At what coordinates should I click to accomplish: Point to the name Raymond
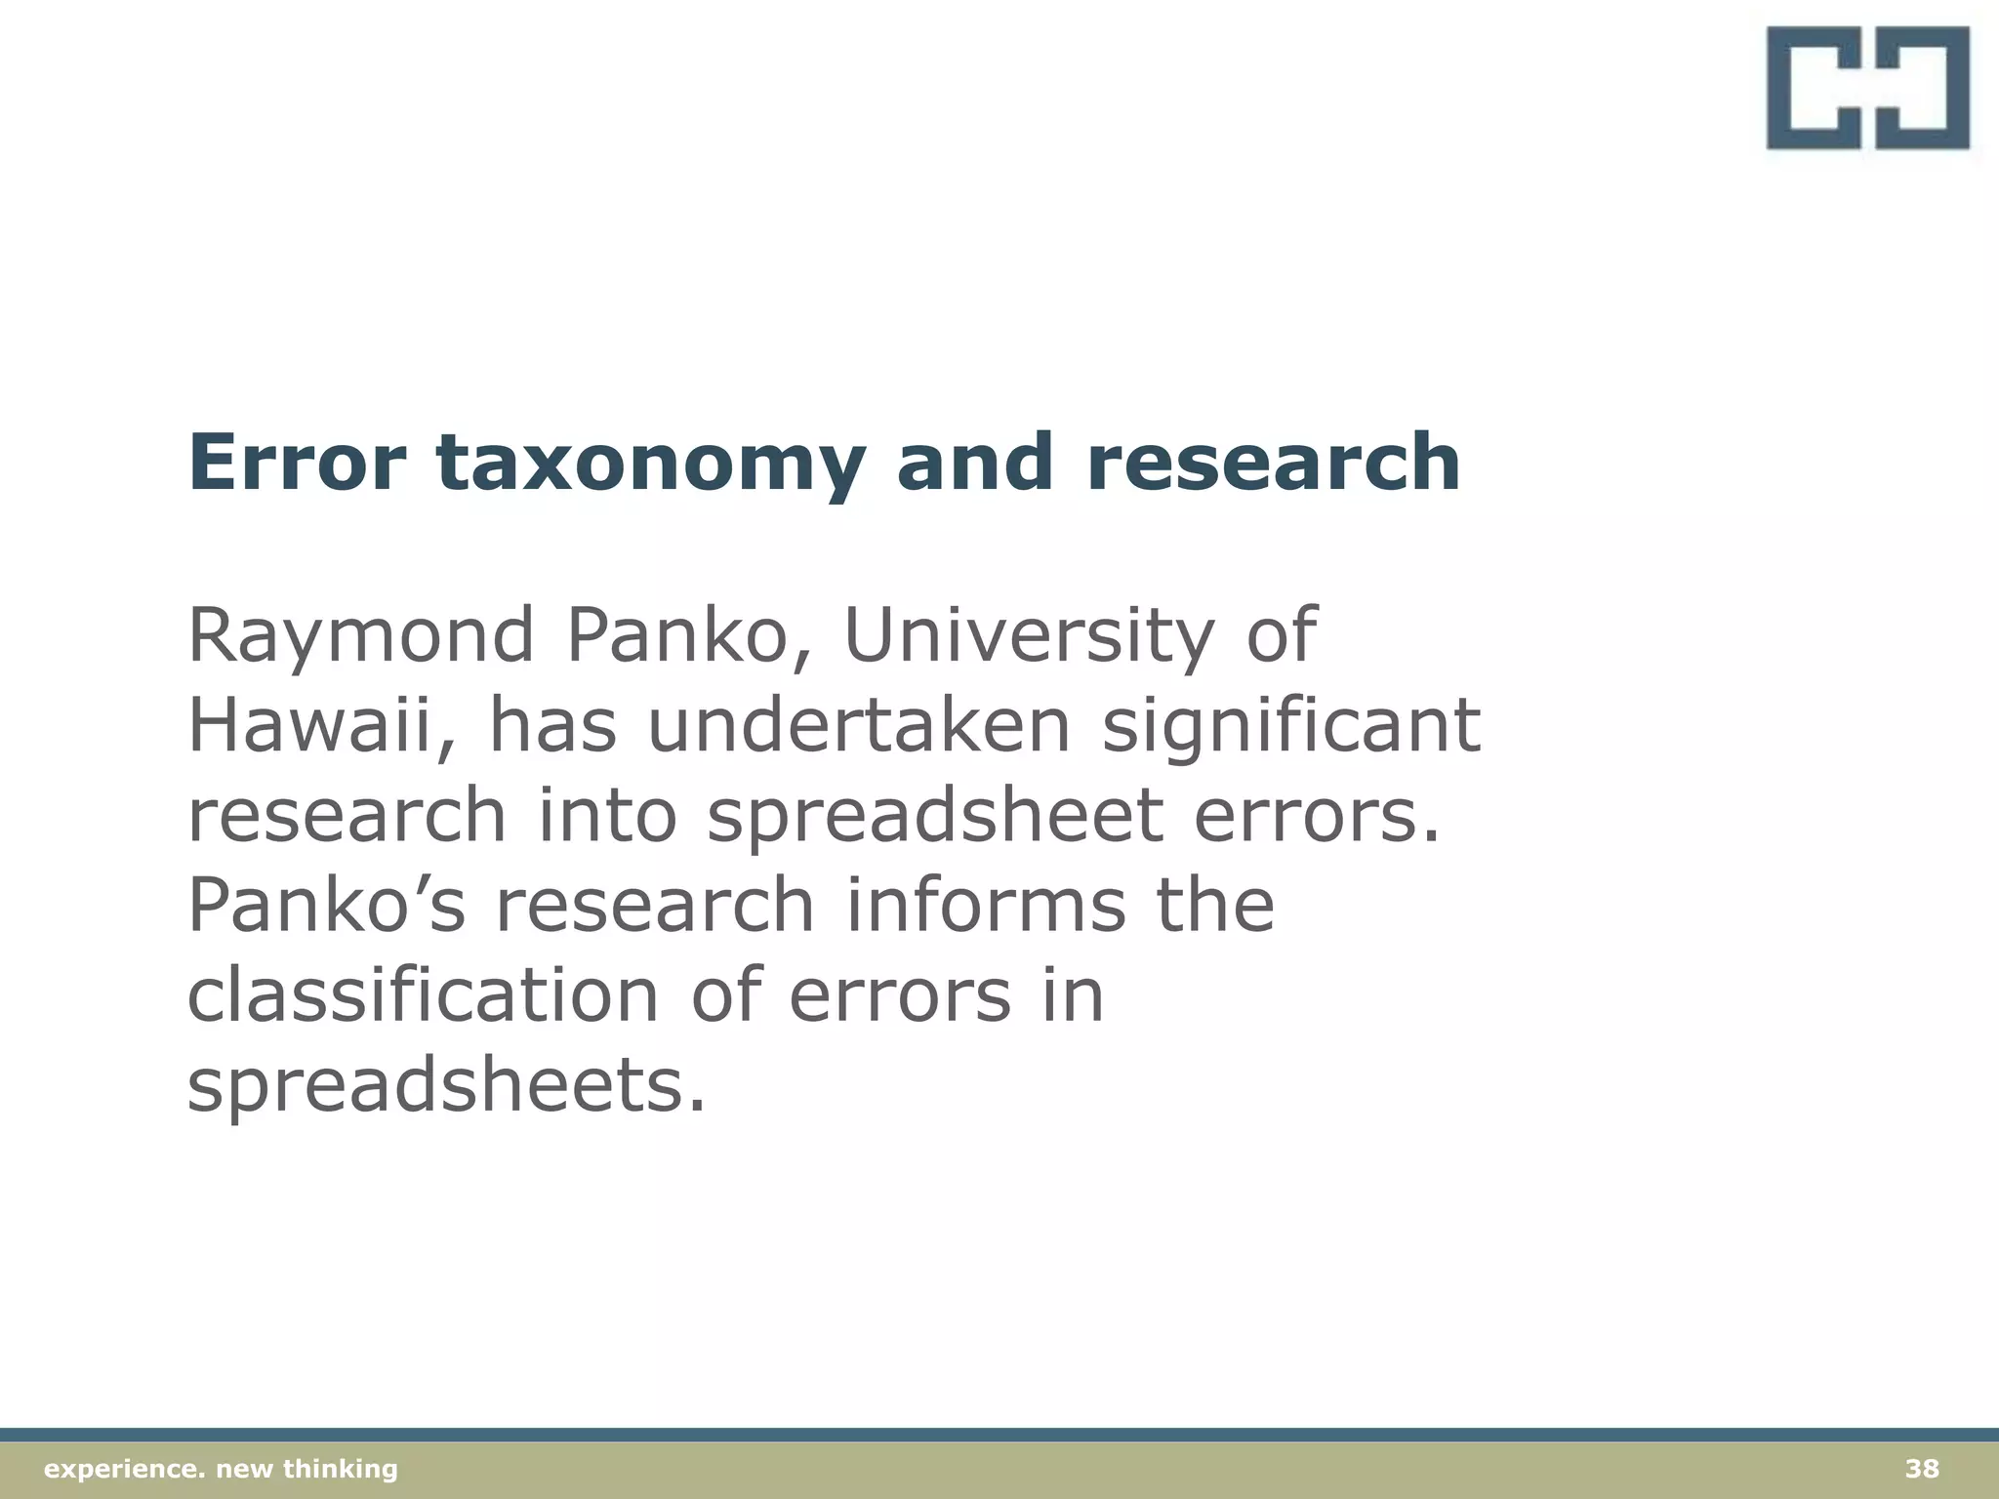[x=360, y=637]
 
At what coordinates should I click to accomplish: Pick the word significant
[x=1291, y=728]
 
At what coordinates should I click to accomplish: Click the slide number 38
[x=1922, y=1469]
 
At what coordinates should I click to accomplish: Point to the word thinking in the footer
[x=341, y=1470]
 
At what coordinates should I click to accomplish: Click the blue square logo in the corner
[x=1867, y=89]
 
